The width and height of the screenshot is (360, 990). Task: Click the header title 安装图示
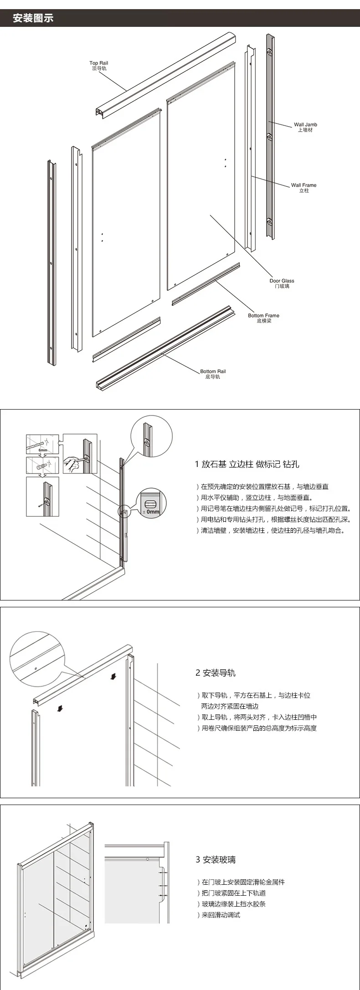pos(33,19)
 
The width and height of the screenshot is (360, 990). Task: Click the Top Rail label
pos(99,66)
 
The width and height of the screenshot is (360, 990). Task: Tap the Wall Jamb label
pos(305,127)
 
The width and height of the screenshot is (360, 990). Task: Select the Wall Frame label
pos(303,188)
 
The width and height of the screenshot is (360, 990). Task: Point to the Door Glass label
pos(282,283)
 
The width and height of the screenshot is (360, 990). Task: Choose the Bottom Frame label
pos(263,318)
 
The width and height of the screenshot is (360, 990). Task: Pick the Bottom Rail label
pos(213,374)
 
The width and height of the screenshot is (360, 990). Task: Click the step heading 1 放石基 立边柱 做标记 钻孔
pos(247,464)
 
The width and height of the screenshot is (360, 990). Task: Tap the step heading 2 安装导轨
pos(216,673)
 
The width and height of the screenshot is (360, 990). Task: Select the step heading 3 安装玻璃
pos(216,860)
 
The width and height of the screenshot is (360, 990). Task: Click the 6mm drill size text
pos(43,450)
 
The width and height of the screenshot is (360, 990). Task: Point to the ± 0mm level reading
pos(151,512)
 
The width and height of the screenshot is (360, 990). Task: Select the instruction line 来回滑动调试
pos(221,915)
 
